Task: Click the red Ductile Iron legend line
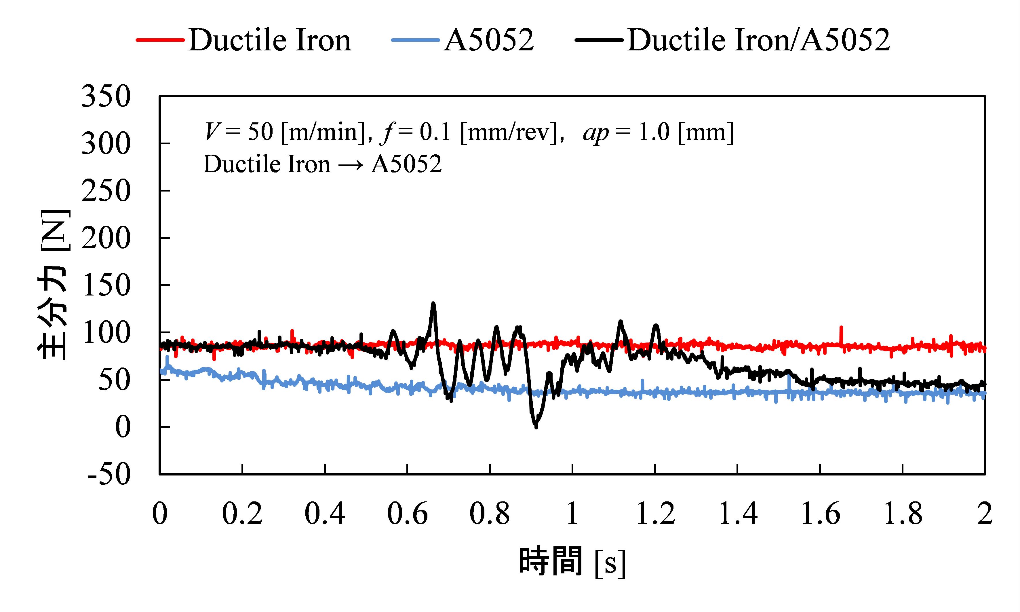[161, 40]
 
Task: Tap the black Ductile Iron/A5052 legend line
[599, 40]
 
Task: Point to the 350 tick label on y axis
[106, 97]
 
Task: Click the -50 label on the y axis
[109, 475]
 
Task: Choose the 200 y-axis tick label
[106, 238]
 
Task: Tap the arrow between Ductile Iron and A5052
[351, 164]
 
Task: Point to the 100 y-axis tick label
[106, 333]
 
